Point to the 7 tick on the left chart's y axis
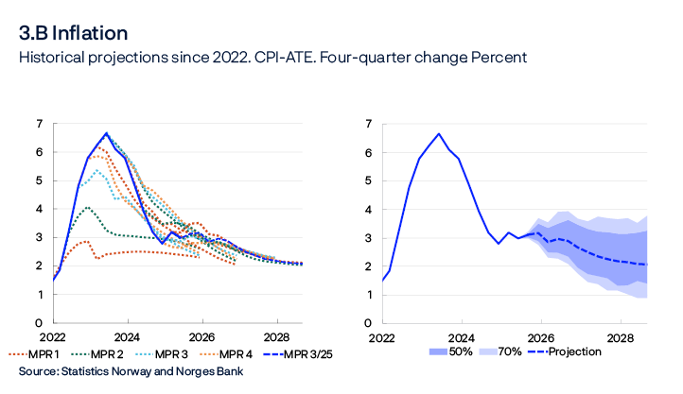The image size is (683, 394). pos(39,124)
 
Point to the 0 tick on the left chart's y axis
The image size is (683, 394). pos(39,324)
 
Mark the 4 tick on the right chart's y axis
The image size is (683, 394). pos(368,210)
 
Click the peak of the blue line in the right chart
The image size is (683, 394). pos(439,133)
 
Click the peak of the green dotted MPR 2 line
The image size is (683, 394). pos(87,207)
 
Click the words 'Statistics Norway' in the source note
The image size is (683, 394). pos(106,371)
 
